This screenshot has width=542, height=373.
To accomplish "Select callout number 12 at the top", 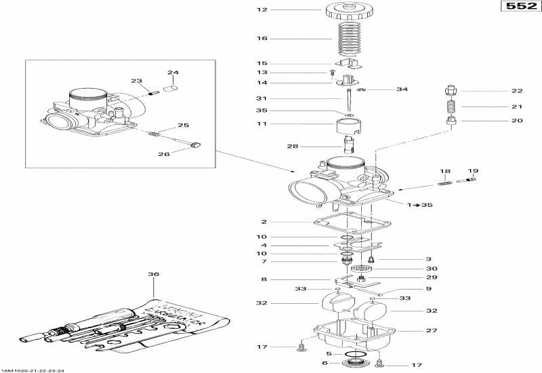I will (x=263, y=9).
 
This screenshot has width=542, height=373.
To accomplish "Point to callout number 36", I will (x=154, y=275).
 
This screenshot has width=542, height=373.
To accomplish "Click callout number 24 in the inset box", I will (x=173, y=73).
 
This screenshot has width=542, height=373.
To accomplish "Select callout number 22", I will (x=517, y=91).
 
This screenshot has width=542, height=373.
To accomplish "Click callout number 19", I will (x=473, y=171).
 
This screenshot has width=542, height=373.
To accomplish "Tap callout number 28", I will (x=292, y=146).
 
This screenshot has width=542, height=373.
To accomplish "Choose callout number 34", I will (x=402, y=90).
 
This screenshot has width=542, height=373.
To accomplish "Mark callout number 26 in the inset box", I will (x=163, y=154).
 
